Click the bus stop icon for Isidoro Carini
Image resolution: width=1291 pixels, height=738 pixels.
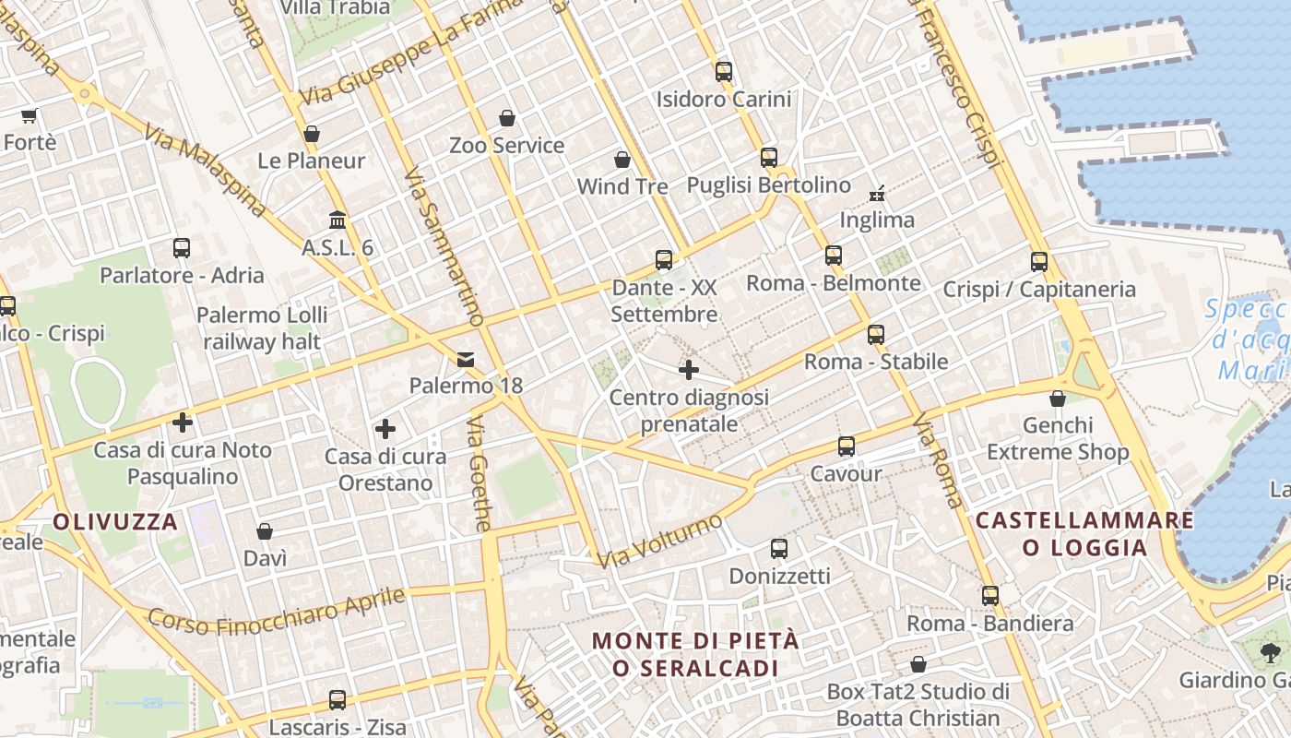724,71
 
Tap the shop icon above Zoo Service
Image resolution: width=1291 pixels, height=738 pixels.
507,118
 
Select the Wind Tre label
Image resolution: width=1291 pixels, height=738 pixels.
622,186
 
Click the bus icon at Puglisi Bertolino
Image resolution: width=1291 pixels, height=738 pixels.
769,158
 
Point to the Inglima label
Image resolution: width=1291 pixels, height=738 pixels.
877,220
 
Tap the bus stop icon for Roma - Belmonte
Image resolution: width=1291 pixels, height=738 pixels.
834,256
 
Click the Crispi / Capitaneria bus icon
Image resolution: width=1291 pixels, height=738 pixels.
1039,262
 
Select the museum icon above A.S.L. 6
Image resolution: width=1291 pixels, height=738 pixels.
338,220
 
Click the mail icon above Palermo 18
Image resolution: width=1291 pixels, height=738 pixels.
466,359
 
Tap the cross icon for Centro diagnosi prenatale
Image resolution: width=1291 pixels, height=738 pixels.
689,371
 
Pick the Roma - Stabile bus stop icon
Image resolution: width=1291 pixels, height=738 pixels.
876,335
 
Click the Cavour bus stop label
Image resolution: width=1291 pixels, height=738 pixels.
846,473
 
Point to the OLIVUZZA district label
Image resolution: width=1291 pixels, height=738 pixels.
115,522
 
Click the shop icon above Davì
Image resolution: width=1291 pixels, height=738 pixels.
265,531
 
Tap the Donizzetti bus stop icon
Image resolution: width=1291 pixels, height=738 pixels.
779,549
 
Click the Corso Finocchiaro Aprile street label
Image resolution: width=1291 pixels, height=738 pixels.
276,611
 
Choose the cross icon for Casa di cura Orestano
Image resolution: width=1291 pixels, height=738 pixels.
385,429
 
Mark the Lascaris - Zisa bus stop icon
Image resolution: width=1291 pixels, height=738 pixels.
338,700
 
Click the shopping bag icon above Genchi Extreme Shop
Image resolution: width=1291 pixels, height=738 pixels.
1058,399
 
